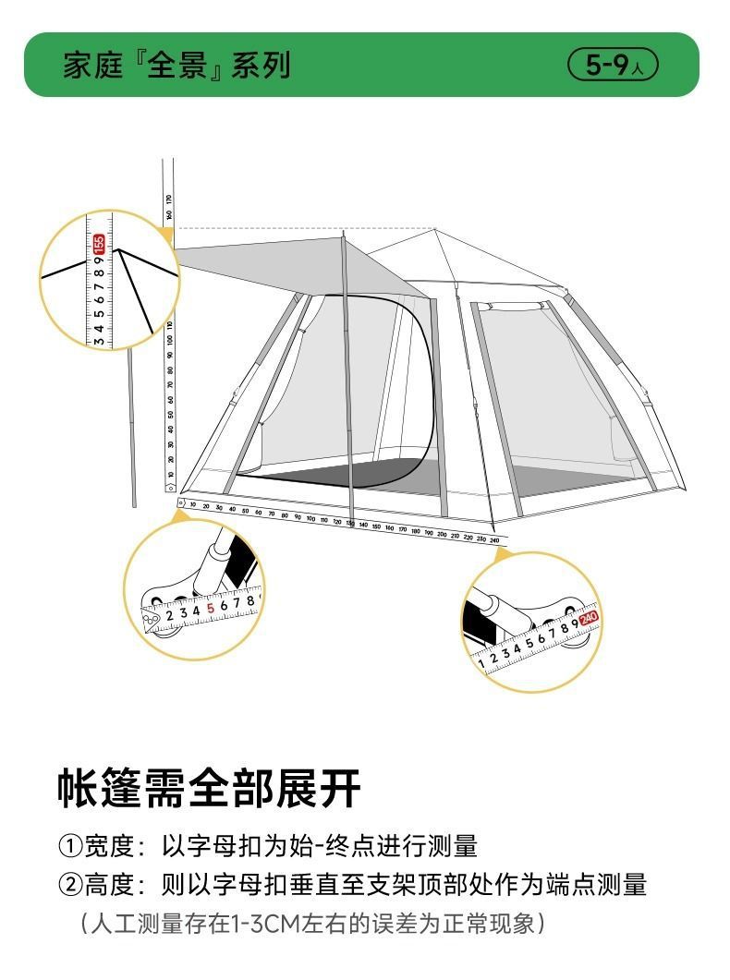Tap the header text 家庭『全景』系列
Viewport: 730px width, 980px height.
176,65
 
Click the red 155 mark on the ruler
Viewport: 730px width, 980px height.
99,244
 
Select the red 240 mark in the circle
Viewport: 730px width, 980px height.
589,617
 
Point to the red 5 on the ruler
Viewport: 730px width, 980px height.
211,608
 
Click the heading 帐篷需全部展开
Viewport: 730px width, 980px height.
209,787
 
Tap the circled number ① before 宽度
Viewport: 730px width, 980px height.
70,845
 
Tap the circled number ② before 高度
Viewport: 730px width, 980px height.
70,885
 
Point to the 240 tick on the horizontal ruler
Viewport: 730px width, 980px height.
494,539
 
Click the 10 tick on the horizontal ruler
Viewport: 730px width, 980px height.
192,505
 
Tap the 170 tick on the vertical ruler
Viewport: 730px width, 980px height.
169,198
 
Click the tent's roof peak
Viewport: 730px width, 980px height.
434,230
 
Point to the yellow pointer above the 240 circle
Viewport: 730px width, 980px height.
502,553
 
